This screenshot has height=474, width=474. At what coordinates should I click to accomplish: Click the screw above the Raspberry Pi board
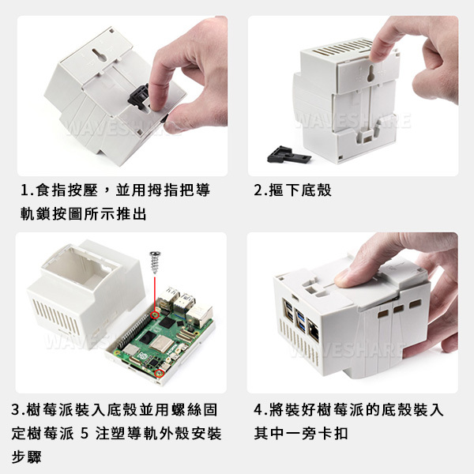pos(155,262)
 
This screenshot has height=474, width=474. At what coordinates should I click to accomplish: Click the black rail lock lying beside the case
pos(288,155)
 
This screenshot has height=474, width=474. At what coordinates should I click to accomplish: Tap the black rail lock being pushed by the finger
pos(139,97)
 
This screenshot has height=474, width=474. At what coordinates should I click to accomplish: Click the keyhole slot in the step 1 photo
pos(100,55)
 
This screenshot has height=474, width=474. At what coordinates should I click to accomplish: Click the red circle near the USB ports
pos(156,315)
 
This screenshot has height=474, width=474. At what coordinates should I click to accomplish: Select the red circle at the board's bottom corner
pos(159,374)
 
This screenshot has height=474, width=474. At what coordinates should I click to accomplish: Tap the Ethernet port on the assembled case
pos(314,330)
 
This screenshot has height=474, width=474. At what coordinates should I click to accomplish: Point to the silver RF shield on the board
pos(162,344)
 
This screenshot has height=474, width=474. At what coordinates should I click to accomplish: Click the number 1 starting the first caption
pos(24,190)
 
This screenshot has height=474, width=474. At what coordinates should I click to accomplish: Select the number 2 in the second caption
pos(259,190)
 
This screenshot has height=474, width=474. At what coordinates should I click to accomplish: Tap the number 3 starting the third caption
pos(16,410)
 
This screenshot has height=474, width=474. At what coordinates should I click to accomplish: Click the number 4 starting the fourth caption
pos(258,410)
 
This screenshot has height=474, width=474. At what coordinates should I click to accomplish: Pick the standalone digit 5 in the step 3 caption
pos(85,434)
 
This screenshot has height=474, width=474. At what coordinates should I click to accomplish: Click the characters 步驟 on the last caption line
pos(26,457)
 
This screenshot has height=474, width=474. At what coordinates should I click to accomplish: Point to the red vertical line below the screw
pos(155,292)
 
